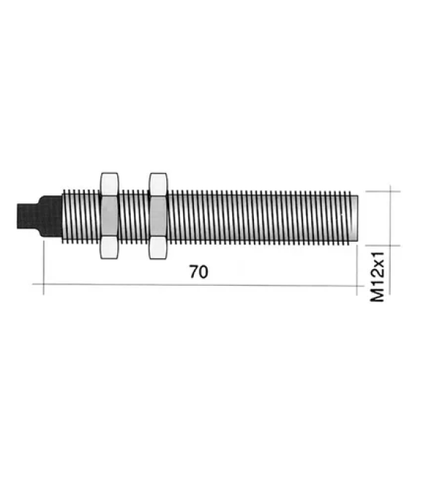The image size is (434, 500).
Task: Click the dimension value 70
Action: pos(198,272)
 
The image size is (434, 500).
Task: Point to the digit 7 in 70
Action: pos(193,272)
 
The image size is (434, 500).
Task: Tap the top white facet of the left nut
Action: pos(110,184)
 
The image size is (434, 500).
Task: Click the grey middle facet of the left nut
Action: pos(110,216)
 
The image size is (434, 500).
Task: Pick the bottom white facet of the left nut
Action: pos(110,247)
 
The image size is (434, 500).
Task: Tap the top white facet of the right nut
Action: pos(158,184)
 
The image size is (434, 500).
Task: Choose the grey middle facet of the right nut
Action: pos(158,216)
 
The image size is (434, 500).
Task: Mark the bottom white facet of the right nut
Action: pos(158,247)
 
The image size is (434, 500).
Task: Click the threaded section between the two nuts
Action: pos(134,216)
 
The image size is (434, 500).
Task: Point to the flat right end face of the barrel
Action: pos(357,216)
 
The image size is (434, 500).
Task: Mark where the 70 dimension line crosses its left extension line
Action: pos(44,284)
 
